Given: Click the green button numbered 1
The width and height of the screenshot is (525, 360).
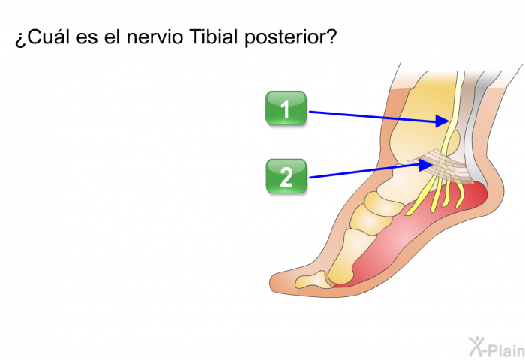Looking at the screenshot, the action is click(286, 108).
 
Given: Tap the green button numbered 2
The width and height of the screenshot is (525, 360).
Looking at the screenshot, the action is click(286, 176).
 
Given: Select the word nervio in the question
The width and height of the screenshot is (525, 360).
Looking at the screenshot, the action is click(154, 37).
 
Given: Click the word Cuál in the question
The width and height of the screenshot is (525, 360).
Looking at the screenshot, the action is click(49, 37).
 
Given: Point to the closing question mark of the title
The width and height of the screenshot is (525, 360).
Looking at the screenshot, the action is click(331, 36).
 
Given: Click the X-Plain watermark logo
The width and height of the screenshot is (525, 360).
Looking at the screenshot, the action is click(496, 347).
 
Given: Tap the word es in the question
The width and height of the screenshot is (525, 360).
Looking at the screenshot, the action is click(87, 39).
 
